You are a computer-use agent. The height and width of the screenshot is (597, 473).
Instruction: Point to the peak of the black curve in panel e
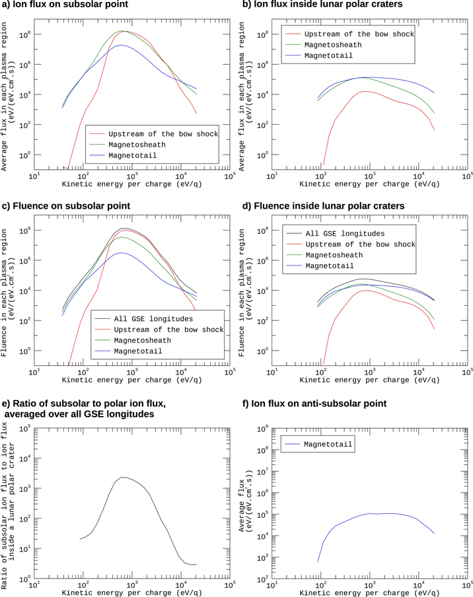(123, 477)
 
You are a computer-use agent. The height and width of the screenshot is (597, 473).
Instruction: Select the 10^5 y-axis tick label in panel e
(25, 429)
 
